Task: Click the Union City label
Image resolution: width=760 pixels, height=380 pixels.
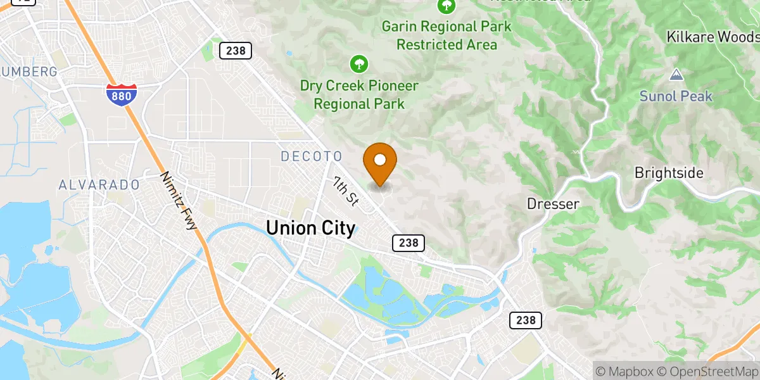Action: click(x=310, y=228)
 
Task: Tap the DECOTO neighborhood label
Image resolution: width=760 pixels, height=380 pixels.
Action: click(x=311, y=156)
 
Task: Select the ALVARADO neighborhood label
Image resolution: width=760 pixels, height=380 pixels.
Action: click(x=99, y=185)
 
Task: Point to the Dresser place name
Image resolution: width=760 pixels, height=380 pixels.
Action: click(x=553, y=204)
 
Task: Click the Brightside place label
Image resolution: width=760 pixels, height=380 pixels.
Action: click(x=669, y=174)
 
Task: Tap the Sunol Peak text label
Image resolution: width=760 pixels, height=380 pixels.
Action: click(x=676, y=96)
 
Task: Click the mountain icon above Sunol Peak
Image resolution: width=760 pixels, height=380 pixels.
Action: click(x=676, y=75)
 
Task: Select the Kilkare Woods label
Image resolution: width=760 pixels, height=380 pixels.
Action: click(x=712, y=37)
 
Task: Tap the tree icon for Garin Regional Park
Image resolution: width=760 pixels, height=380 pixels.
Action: click(x=446, y=6)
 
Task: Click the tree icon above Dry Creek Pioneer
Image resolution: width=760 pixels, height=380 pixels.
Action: click(x=359, y=63)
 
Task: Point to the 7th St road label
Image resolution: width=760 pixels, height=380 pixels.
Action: click(x=346, y=191)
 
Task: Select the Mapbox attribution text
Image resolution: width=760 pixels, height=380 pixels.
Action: click(x=623, y=371)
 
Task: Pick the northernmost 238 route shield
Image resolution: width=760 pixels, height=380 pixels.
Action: click(x=236, y=51)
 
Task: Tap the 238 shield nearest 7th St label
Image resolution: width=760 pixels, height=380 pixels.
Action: click(x=408, y=243)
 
